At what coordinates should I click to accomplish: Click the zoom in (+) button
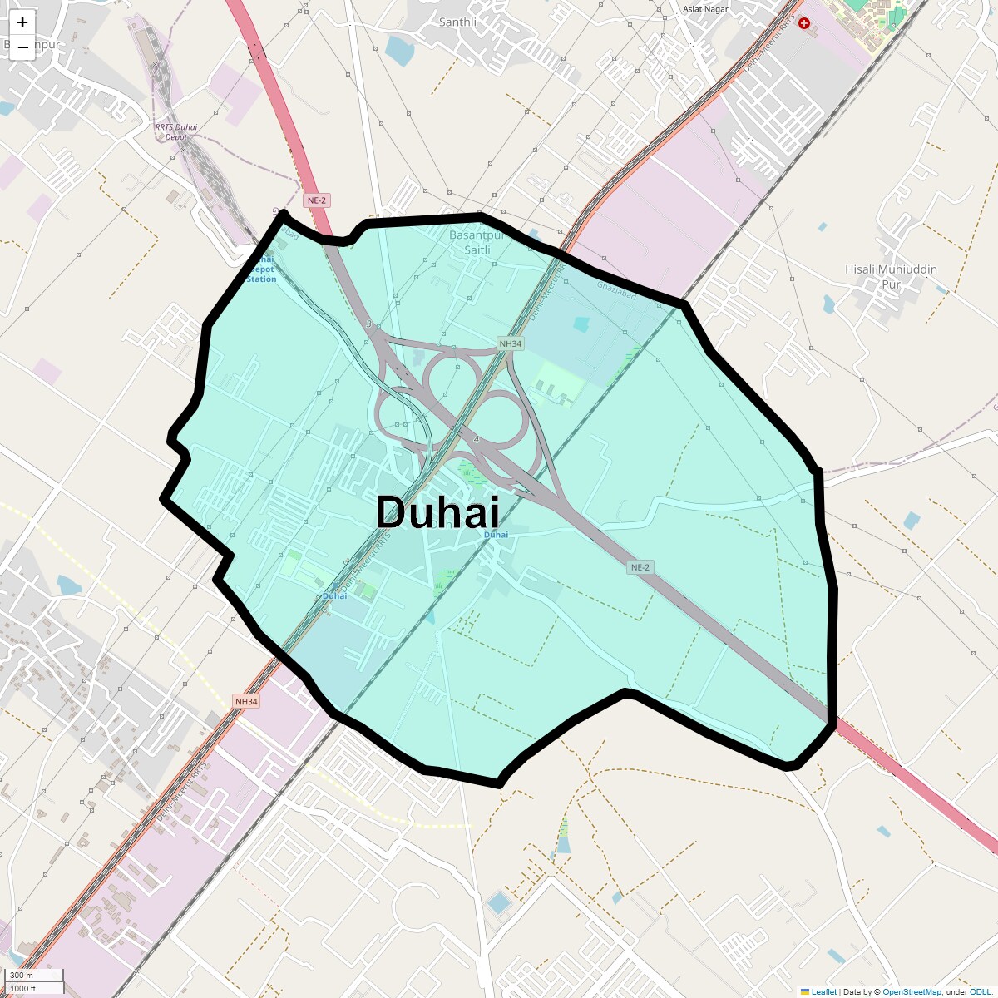coord(22,22)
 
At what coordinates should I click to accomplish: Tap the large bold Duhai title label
coord(437,511)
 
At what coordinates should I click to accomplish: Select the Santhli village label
coord(457,22)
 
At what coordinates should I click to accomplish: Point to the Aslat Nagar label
coord(704,9)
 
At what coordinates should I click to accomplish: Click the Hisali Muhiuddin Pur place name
coord(891,276)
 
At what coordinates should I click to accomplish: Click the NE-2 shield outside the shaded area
coord(317,200)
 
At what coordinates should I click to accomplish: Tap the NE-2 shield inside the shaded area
coord(639,567)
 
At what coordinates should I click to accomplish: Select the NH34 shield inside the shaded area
coord(510,343)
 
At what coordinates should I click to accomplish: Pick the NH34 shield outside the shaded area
coord(246,702)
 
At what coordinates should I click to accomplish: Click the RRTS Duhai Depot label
coord(176,131)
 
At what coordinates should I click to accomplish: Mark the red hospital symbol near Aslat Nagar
coord(803,24)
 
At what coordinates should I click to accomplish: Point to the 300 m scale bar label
coord(22,976)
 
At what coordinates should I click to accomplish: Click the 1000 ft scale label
coord(22,988)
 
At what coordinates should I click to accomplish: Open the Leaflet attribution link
coord(823,991)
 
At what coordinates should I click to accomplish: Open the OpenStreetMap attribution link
coord(912,991)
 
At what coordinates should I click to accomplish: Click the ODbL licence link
coord(980,991)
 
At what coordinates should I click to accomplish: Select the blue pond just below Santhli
coord(399,52)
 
